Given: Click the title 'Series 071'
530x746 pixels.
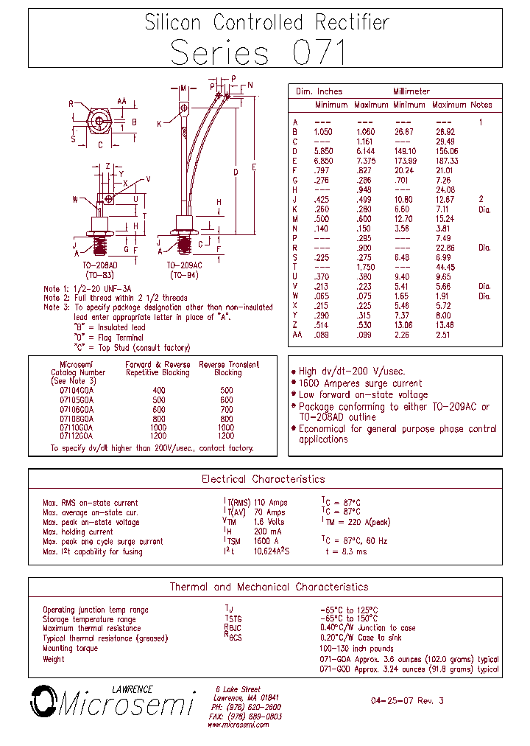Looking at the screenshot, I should click(257, 54).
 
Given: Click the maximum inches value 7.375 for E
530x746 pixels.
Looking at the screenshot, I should click(365, 161).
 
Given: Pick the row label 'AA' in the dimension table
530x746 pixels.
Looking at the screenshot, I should click(297, 334).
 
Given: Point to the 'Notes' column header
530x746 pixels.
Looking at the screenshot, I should click(481, 105).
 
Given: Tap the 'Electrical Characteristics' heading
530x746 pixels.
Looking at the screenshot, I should click(263, 479).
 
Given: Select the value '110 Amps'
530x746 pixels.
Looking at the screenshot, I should click(269, 503).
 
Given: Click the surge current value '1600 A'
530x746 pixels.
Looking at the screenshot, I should click(267, 541).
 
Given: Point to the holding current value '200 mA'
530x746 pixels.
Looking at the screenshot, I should click(267, 531).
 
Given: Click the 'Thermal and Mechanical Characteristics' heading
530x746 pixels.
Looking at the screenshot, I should click(269, 587).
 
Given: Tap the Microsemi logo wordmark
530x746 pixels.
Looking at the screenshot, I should click(125, 705).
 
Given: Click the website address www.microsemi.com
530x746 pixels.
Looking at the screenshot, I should click(238, 725).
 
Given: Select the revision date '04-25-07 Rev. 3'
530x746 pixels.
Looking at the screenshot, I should click(407, 701).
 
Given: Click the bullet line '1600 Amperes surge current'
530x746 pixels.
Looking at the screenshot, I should click(360, 383).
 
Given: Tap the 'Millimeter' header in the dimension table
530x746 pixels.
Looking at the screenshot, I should click(411, 91).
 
